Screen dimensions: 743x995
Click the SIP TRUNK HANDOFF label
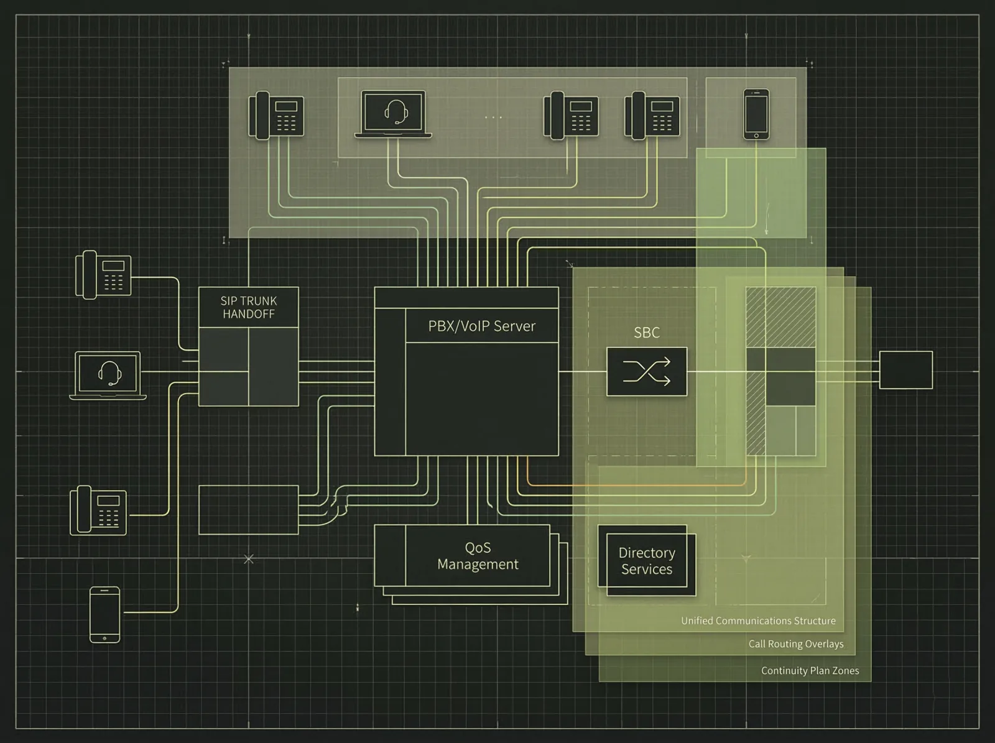coord(248,307)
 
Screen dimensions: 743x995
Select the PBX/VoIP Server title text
coord(481,326)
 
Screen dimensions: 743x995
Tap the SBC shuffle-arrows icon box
coord(647,372)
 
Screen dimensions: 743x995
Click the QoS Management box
coord(477,555)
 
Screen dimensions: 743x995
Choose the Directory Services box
coord(646,560)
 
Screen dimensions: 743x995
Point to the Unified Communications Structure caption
coord(758,621)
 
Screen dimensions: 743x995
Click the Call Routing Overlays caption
coord(796,644)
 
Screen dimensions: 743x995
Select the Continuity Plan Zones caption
coord(810,670)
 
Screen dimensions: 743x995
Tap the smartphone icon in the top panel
coord(756,114)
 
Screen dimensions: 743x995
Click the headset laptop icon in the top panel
coord(393,114)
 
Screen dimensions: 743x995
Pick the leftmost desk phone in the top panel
coord(276,115)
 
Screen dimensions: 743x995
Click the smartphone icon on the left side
coord(104,614)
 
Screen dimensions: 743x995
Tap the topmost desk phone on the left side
coord(103,275)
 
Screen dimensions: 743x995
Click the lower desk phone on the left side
coord(98,510)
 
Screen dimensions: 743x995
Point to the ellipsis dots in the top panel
coord(493,117)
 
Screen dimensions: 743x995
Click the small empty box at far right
coord(905,370)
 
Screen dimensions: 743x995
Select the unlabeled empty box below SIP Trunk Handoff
coord(248,510)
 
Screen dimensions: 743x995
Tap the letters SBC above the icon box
coord(646,333)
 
